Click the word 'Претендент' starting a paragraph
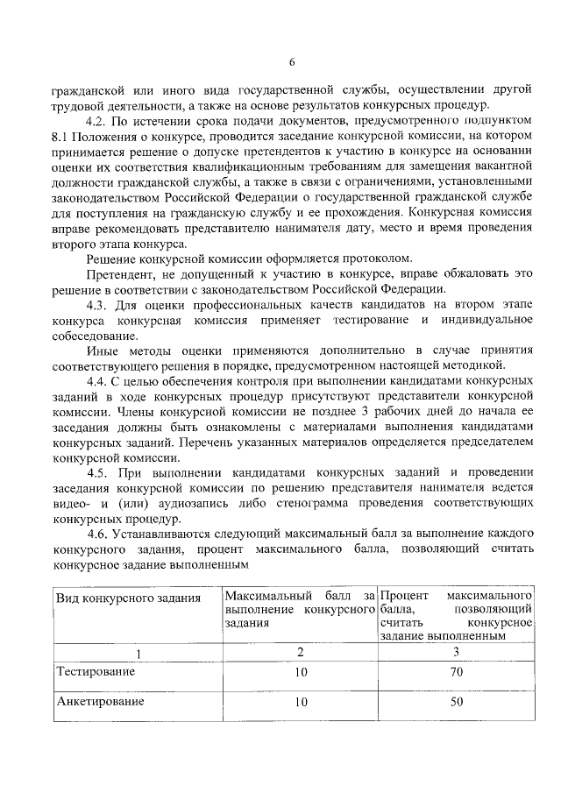[117, 273]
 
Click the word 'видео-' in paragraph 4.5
[70, 504]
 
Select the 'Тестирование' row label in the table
[96, 671]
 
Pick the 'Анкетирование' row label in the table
[99, 702]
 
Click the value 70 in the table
[456, 672]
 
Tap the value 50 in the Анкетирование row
[456, 703]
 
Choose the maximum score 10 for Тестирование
[301, 672]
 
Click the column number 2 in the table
[301, 652]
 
